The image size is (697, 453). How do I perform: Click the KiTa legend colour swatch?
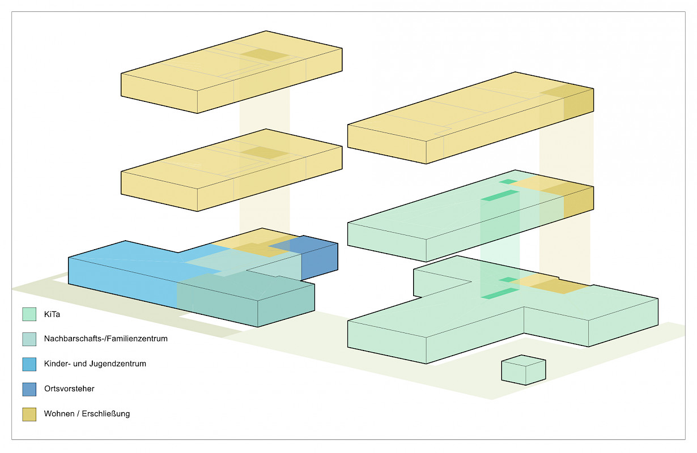click(x=29, y=314)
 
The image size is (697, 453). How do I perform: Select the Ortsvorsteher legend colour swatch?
click(x=29, y=389)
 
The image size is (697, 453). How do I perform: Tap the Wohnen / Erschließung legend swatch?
click(x=29, y=414)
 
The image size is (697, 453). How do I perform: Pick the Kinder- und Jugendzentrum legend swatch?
click(x=29, y=364)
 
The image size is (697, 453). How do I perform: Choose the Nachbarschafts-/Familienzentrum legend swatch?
click(x=29, y=339)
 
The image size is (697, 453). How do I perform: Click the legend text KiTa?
click(x=52, y=314)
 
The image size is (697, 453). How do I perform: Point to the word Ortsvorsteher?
click(x=69, y=389)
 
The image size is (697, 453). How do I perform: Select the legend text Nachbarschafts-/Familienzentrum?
click(x=105, y=339)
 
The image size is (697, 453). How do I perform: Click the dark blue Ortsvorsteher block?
click(x=319, y=258)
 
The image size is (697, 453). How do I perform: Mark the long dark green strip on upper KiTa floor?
click(x=500, y=195)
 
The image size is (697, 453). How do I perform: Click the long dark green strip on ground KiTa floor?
click(x=500, y=293)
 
